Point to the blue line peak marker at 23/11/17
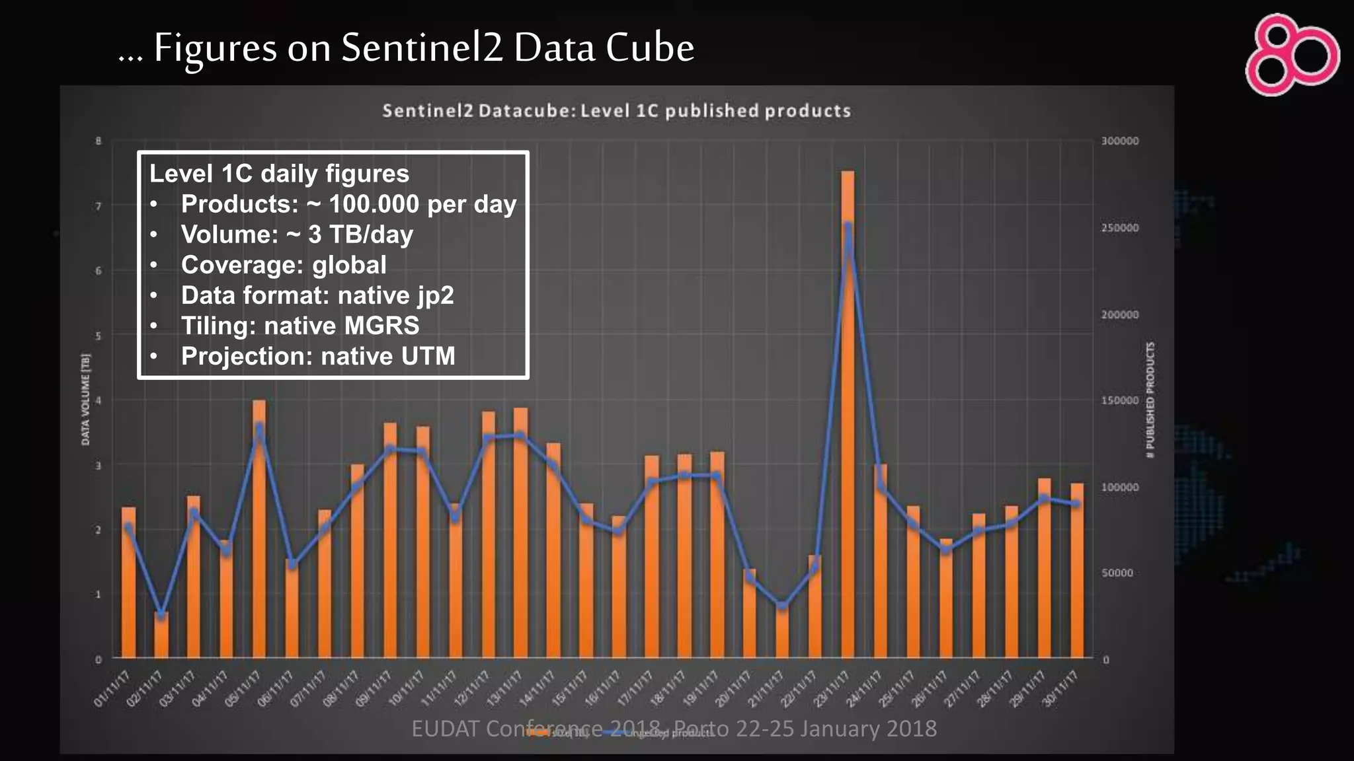click(848, 226)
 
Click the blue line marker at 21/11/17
click(782, 605)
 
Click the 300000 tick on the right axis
click(1119, 141)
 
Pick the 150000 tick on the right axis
click(1119, 400)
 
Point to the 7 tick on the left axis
click(99, 207)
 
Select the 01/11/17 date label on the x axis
click(111, 688)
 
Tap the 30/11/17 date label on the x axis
click(1060, 688)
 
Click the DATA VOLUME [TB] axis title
click(85, 399)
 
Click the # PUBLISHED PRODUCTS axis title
click(1150, 399)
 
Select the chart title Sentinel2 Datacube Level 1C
click(616, 110)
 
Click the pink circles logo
click(1292, 55)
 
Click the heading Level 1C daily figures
click(279, 174)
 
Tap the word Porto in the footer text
click(702, 729)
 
